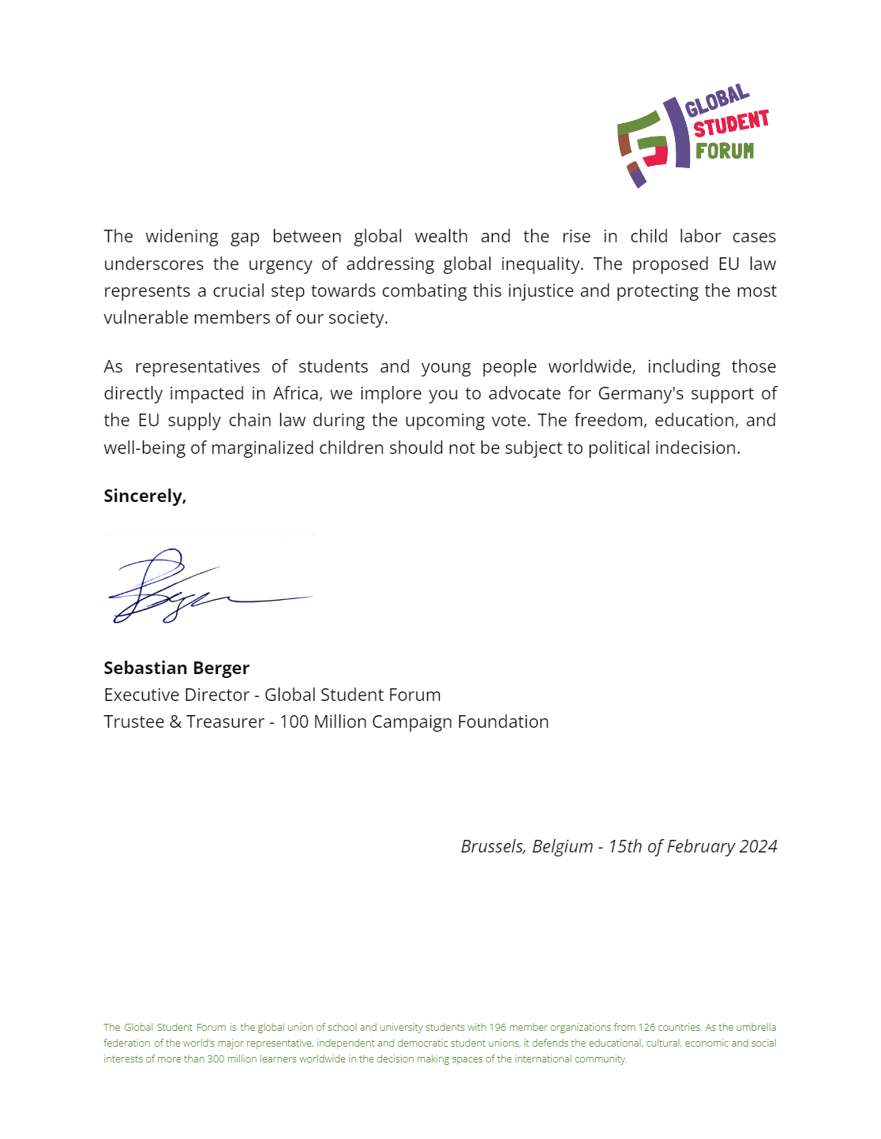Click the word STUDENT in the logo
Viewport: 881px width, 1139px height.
[x=730, y=125]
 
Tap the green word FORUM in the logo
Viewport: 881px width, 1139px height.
[x=724, y=150]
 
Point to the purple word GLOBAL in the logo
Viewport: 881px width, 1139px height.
[x=716, y=100]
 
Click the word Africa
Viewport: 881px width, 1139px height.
[x=297, y=393]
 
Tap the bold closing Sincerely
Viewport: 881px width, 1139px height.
[x=144, y=496]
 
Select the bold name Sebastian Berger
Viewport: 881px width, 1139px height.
[x=176, y=668]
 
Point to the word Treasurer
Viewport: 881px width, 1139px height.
[x=225, y=721]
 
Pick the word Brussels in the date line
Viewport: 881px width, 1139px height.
[x=493, y=846]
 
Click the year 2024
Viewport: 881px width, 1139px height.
[x=759, y=846]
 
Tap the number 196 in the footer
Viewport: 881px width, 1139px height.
[x=497, y=1027]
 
